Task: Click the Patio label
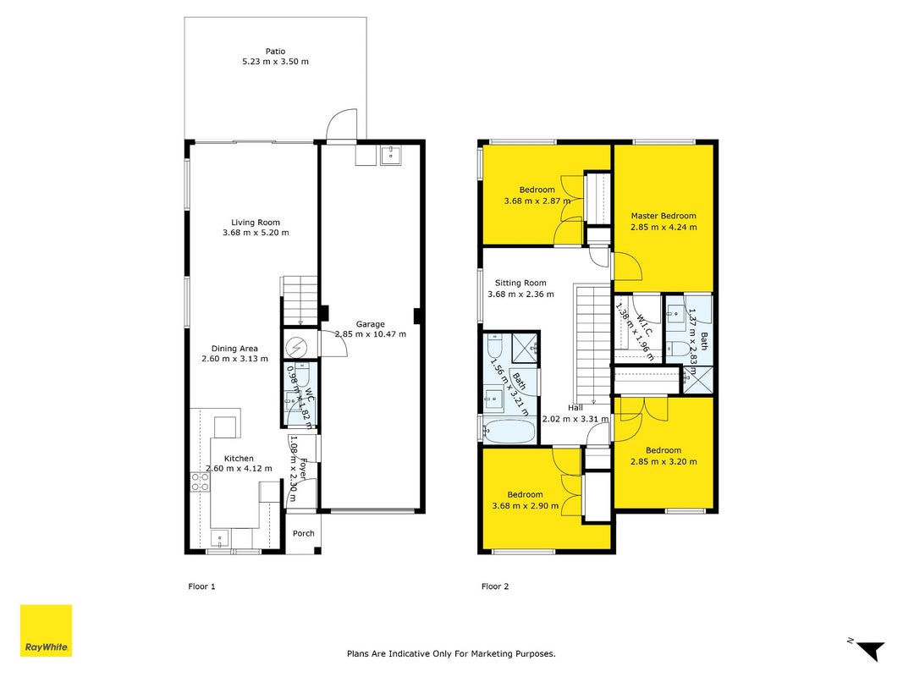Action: click(x=275, y=52)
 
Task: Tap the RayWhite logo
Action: click(x=46, y=630)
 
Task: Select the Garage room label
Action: click(x=371, y=324)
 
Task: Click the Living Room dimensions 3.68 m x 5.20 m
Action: click(x=256, y=233)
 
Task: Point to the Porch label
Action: click(x=304, y=533)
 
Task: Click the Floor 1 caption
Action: click(x=201, y=586)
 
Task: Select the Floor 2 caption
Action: click(x=495, y=586)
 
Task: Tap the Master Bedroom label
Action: click(x=663, y=216)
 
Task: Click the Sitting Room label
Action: click(x=520, y=283)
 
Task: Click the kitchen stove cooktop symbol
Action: click(x=200, y=482)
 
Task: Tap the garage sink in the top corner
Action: click(x=391, y=155)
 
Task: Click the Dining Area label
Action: click(x=234, y=349)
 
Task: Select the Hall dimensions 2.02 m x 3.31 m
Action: click(x=575, y=419)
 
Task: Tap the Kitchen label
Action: click(x=239, y=458)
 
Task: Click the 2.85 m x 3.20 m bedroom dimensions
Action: click(x=663, y=461)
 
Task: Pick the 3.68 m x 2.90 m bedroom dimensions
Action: click(x=526, y=505)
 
